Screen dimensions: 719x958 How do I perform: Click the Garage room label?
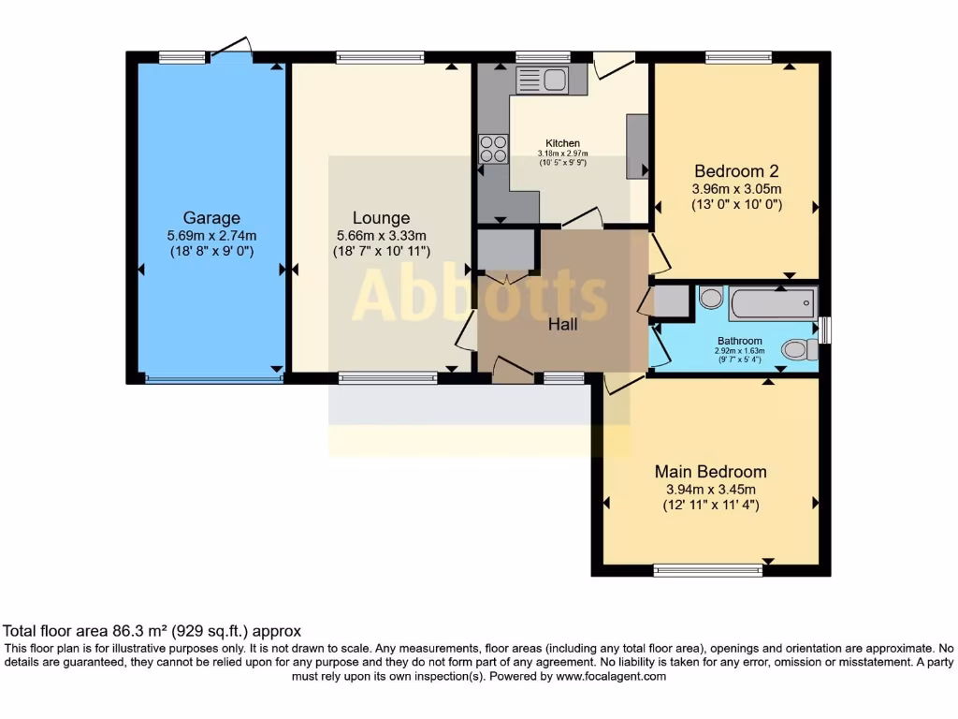click(211, 218)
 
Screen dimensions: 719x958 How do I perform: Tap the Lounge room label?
click(381, 218)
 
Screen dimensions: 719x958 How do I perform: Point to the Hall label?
click(562, 325)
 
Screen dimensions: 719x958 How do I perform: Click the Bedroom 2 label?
click(736, 171)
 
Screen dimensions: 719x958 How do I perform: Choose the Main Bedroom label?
click(710, 472)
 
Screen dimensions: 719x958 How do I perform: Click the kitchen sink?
click(542, 80)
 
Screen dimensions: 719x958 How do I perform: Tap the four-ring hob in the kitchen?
click(493, 149)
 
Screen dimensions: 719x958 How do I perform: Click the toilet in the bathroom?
click(797, 349)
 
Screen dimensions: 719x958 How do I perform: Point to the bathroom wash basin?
click(711, 298)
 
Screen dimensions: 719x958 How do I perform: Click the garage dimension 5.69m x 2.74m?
click(211, 236)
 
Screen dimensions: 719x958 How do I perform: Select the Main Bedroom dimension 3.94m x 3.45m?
click(710, 489)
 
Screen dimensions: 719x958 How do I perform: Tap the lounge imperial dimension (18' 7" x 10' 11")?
click(381, 251)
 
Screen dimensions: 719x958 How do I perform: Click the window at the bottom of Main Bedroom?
click(707, 570)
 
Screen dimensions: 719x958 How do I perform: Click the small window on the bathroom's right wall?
click(823, 330)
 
